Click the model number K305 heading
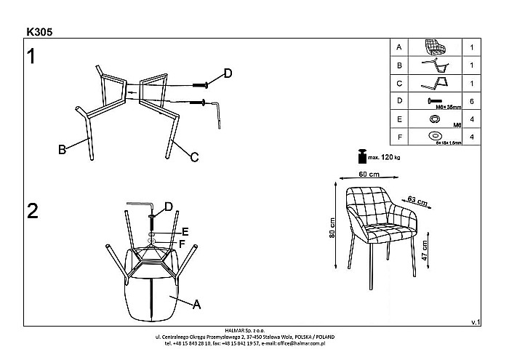tap(38, 32)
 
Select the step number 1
tap(31, 56)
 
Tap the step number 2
tap(32, 211)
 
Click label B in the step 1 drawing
tap(63, 150)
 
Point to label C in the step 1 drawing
tap(195, 156)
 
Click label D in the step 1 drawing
tap(228, 73)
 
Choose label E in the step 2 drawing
tap(185, 232)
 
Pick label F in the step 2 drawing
tap(183, 244)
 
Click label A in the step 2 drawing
tap(196, 305)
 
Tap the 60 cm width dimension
tap(369, 175)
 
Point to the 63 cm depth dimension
tap(416, 199)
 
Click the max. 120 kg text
tap(385, 156)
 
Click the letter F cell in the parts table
tap(398, 135)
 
